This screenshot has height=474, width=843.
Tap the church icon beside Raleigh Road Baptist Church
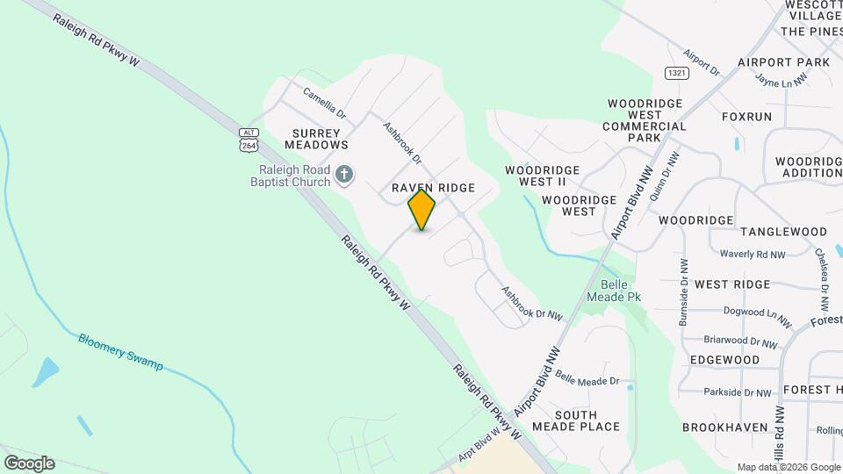point(344,174)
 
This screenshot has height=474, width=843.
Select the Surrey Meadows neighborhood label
point(315,139)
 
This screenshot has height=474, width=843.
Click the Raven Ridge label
point(433,188)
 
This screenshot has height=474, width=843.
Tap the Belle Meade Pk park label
point(621,291)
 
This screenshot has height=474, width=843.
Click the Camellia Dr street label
point(325,103)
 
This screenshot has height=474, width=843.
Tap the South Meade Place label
point(587,420)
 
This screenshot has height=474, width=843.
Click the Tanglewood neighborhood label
point(783,232)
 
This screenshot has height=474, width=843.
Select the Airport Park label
point(783,63)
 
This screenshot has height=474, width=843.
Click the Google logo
point(29,463)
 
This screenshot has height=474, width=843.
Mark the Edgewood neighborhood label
point(724,360)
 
